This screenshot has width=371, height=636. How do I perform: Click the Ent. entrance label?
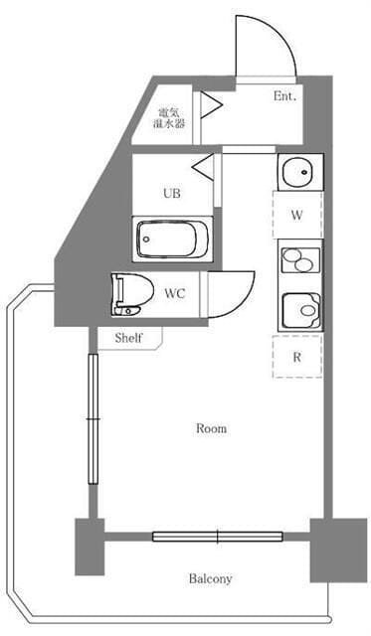[284, 96]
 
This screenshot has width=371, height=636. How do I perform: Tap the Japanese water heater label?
[169, 118]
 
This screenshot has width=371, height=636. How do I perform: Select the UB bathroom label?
[172, 194]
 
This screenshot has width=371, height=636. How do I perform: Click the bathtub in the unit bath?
[172, 238]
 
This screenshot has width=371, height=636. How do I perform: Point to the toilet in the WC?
[132, 294]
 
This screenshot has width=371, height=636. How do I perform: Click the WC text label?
[175, 293]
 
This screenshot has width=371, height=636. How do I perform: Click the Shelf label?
[128, 338]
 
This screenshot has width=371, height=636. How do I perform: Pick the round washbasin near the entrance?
[297, 172]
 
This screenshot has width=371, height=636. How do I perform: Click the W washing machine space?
[297, 215]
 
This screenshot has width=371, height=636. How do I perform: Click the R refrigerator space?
[297, 357]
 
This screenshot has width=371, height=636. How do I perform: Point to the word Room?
[211, 428]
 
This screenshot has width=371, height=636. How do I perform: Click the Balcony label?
[210, 578]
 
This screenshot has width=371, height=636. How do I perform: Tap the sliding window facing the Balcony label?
[218, 537]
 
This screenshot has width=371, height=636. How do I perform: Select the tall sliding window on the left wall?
[93, 418]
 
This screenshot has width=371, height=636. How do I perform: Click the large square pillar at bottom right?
[338, 550]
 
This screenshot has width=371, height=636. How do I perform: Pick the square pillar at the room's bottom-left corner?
[90, 547]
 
